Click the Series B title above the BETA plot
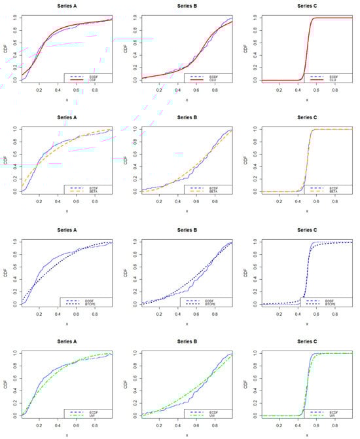187,119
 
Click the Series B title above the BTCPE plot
187,230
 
